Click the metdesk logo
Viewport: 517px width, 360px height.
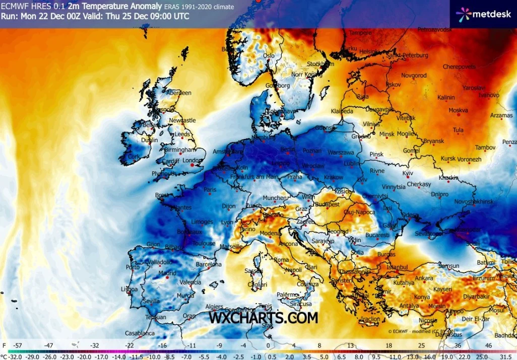click(x=483, y=14)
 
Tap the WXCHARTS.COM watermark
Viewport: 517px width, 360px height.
click(x=264, y=318)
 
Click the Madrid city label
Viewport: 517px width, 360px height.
click(x=167, y=273)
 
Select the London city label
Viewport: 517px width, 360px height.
click(x=192, y=161)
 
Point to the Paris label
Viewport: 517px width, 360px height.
click(x=210, y=190)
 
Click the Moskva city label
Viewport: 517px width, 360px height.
click(x=458, y=110)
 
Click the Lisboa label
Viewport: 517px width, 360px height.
click(x=130, y=289)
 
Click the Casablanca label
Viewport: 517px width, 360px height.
click(x=140, y=333)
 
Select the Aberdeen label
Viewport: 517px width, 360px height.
click(x=179, y=93)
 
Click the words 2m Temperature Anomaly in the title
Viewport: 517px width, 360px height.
click(x=99, y=6)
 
